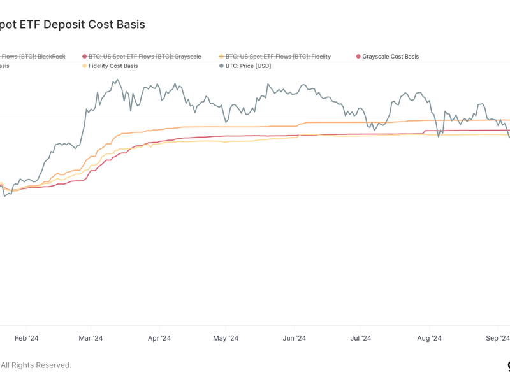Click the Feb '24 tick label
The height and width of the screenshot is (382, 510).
click(26, 338)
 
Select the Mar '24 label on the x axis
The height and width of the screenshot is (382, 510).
click(91, 338)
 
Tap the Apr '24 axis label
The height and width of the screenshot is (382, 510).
click(159, 338)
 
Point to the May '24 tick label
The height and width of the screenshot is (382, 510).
click(226, 338)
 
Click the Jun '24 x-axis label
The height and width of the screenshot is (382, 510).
click(293, 338)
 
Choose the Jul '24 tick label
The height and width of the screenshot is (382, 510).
click(361, 338)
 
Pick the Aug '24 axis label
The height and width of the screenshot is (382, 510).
click(428, 338)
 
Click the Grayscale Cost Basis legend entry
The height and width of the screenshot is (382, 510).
click(390, 57)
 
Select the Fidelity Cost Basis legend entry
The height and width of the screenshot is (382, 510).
click(113, 66)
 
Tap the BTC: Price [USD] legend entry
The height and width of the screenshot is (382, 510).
click(248, 66)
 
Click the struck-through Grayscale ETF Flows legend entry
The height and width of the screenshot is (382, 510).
click(145, 57)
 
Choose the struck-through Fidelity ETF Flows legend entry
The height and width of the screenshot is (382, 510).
click(278, 57)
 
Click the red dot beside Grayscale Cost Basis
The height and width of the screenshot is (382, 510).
click(358, 57)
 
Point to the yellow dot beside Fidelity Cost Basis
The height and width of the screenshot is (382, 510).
click(84, 66)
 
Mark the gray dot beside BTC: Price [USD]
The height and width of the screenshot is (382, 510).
click(221, 66)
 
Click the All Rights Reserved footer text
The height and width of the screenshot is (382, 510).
click(36, 365)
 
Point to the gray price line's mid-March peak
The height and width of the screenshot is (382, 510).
click(117, 80)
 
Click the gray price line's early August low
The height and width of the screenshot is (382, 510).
click(439, 136)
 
